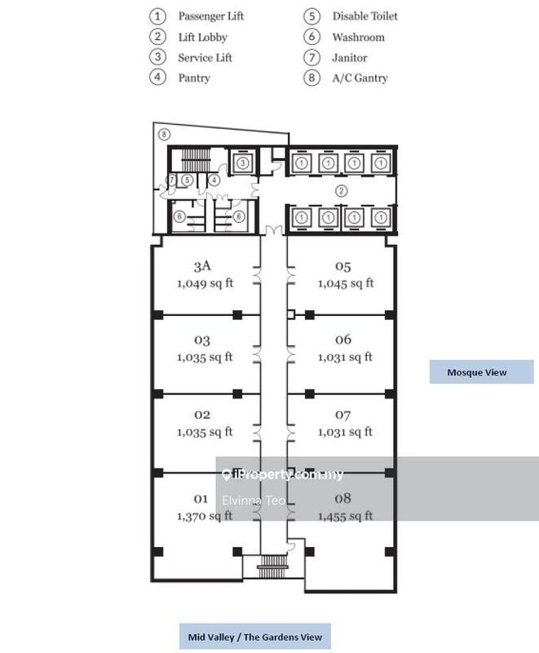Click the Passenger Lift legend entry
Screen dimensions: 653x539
click(x=210, y=16)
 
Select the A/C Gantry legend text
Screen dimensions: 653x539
click(x=360, y=78)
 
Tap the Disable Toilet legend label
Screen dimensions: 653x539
click(x=364, y=16)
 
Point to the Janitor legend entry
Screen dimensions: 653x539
click(x=349, y=58)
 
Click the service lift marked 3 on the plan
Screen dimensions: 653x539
click(x=242, y=163)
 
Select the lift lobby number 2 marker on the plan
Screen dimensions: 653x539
click(x=342, y=191)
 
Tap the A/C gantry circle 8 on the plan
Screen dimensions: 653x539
click(x=164, y=133)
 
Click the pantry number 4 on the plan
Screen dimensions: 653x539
click(x=214, y=180)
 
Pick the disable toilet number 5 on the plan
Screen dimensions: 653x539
click(x=187, y=180)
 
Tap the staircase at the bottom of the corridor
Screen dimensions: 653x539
click(x=269, y=566)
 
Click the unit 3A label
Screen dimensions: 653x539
click(x=202, y=266)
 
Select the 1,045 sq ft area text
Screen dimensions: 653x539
click(x=345, y=283)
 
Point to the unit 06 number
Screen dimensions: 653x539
click(x=342, y=340)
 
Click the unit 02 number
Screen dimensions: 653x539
click(x=202, y=415)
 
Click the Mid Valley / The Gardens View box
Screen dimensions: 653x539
click(x=254, y=637)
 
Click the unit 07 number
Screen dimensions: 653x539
click(x=342, y=415)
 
